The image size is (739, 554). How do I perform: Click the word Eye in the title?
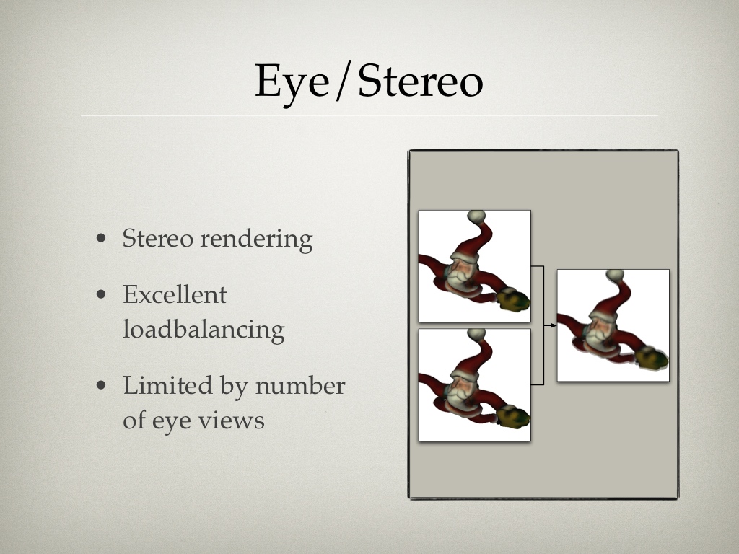[292, 82]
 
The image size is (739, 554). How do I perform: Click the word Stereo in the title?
[421, 81]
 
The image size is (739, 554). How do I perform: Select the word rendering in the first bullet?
[256, 239]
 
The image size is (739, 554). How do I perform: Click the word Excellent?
[175, 295]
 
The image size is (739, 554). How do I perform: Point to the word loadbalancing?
[204, 329]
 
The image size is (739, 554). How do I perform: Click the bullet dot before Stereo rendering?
[101, 238]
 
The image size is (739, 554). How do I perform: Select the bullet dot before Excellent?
[101, 295]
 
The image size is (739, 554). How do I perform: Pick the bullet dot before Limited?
[101, 385]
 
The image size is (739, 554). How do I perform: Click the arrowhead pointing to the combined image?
[554, 325]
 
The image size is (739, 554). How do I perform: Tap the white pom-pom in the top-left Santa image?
[476, 216]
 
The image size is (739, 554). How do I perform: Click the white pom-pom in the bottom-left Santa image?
[476, 335]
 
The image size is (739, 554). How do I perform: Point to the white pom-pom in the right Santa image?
[615, 276]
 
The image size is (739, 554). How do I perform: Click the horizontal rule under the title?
[369, 115]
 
